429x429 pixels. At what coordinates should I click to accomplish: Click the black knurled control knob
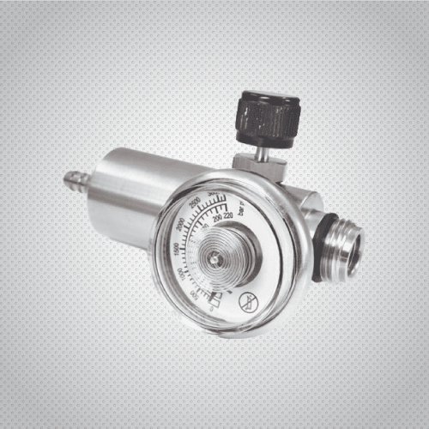[x=267, y=120]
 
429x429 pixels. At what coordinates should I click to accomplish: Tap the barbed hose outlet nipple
[x=76, y=181]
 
